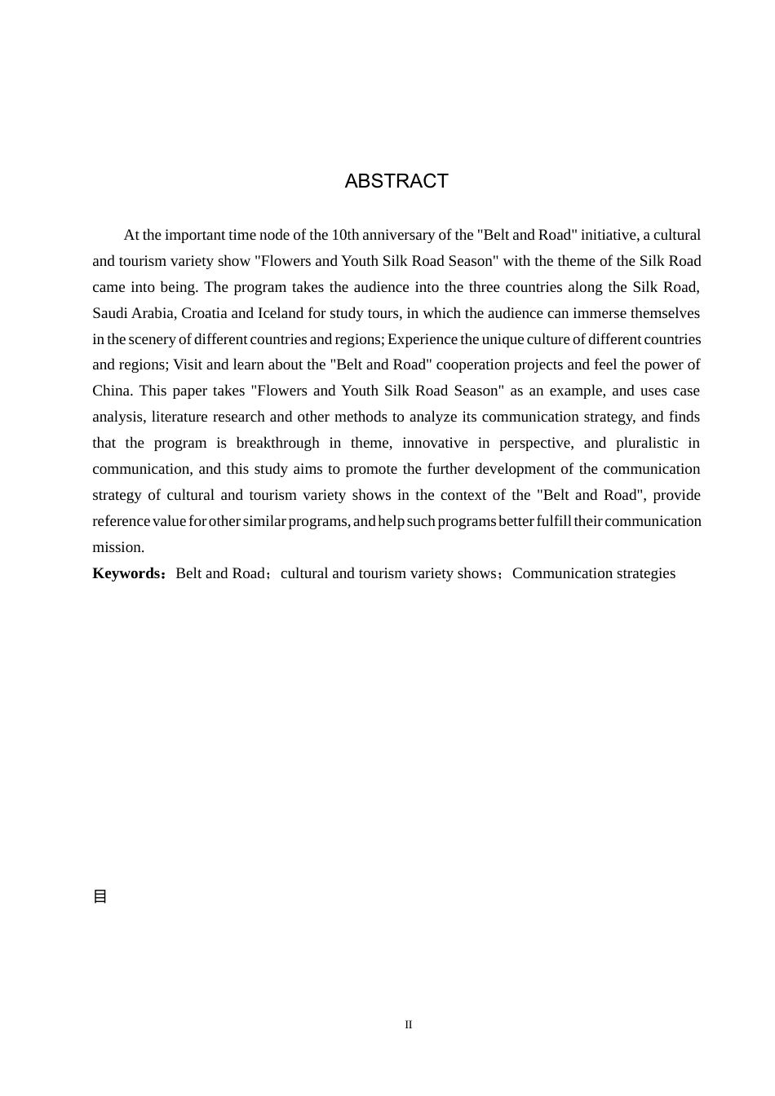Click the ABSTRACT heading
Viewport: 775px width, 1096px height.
396,181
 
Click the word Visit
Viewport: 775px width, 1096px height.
188,365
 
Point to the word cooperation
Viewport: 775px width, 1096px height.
474,365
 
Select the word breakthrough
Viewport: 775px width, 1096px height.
277,443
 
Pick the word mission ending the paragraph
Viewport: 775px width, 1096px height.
117,547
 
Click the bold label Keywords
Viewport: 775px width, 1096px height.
127,573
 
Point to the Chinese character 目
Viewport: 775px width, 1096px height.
100,896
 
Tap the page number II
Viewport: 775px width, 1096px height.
409,1025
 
